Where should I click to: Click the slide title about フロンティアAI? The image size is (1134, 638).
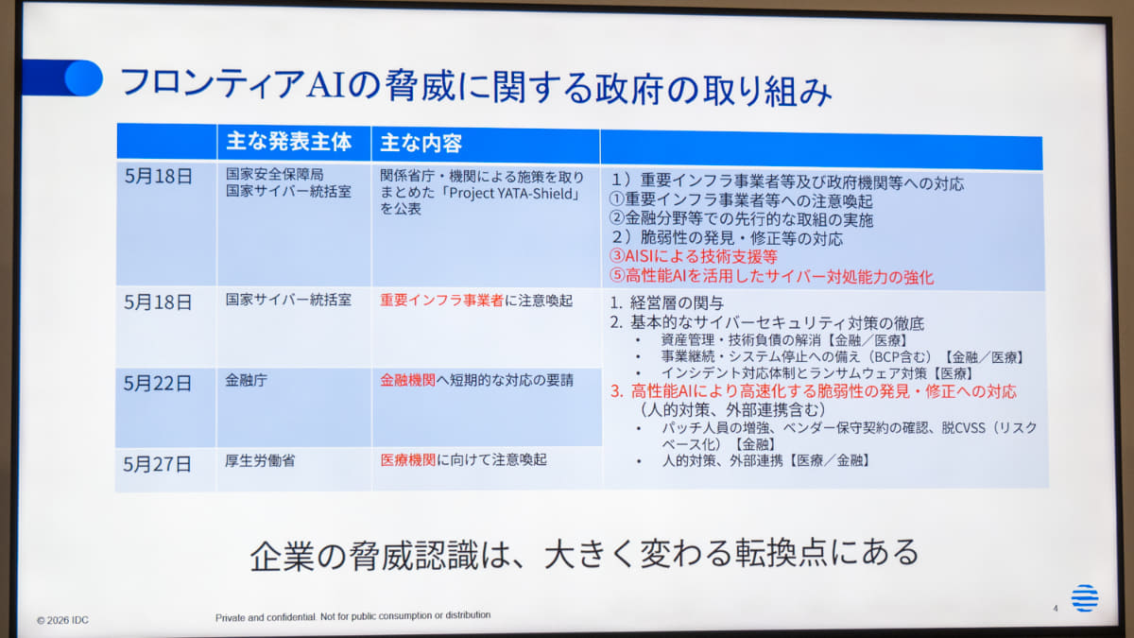475,87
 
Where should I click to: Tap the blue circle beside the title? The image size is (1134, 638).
83,78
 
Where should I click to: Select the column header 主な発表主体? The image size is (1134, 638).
288,141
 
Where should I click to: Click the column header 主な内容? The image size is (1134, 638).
421,144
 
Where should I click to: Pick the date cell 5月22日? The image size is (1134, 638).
158,384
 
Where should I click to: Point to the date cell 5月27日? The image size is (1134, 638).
157,464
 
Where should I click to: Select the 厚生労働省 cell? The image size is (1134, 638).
260,461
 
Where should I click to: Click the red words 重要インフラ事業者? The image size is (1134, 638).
441,301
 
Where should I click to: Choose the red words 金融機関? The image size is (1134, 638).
407,380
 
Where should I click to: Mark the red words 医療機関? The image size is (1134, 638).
407,459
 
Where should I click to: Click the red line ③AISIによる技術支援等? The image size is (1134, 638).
693,257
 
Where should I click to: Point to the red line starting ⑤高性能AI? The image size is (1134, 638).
771,276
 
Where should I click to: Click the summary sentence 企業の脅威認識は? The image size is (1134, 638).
584,555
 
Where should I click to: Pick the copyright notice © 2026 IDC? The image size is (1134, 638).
62,620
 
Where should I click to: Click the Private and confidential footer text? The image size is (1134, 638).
352,616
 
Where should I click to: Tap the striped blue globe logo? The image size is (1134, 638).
1085,598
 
